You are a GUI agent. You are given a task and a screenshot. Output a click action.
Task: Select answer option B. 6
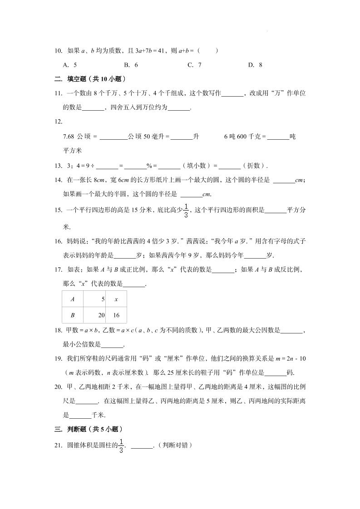131,65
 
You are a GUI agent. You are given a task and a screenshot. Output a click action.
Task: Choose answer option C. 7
194,65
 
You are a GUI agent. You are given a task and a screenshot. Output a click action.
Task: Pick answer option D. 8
255,65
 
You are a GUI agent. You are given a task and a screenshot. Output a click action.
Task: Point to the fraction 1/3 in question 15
186,210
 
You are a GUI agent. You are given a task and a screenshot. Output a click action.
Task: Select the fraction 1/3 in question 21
121,446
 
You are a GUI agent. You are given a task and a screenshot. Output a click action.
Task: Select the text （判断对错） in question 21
175,446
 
